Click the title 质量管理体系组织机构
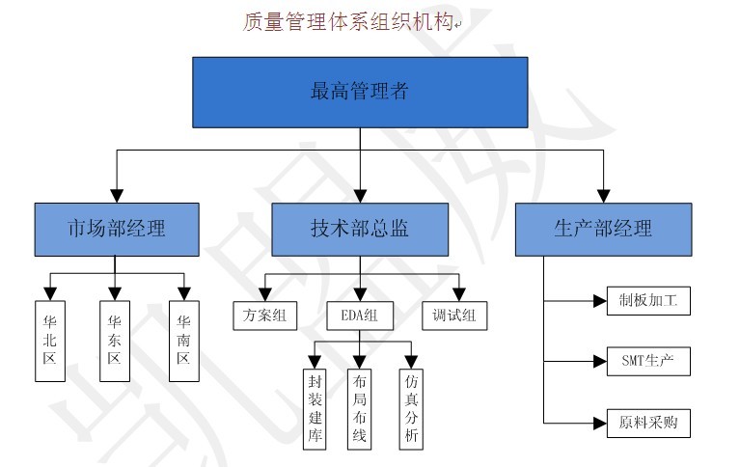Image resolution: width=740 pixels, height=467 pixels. tap(347, 21)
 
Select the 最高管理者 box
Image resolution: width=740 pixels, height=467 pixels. tap(359, 93)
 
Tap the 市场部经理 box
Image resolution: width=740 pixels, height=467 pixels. tap(116, 229)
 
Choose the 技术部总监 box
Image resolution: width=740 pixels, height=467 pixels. tap(359, 229)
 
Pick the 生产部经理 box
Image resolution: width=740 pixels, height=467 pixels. tap(603, 229)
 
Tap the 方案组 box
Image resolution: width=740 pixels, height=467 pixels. tap(264, 315)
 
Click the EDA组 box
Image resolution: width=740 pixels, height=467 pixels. tap(359, 315)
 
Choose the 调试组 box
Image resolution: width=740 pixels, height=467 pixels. tap(455, 315)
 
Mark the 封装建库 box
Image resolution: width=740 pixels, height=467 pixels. tap(315, 408)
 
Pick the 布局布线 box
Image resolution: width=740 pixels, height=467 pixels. tap(360, 408)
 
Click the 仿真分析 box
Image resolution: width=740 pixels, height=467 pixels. tap(412, 408)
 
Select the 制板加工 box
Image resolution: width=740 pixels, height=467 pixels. tap(648, 301)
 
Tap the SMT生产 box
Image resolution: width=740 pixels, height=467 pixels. tap(648, 362)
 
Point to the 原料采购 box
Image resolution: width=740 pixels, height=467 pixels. tap(648, 423)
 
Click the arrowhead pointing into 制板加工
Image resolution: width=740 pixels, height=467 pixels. tap(598, 301)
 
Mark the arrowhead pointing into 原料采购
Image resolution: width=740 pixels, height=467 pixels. tap(598, 423)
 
